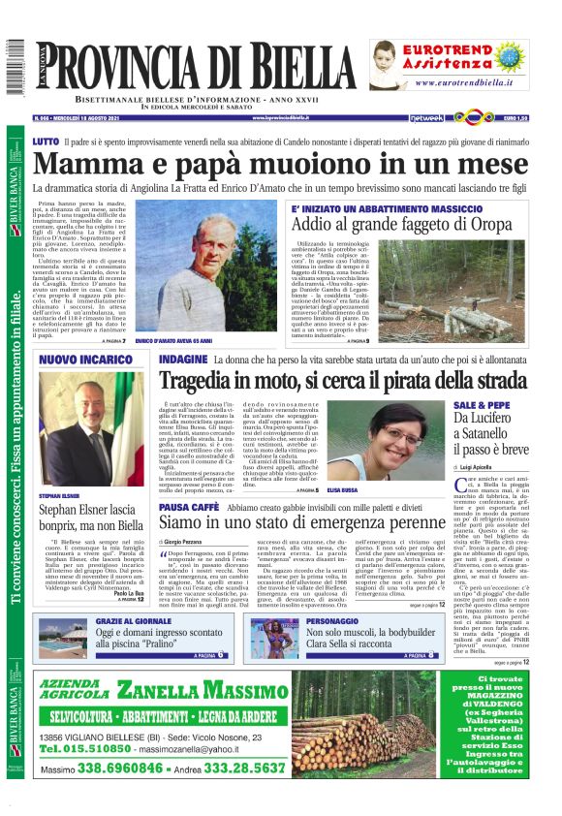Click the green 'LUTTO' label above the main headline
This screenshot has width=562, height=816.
point(46,141)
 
